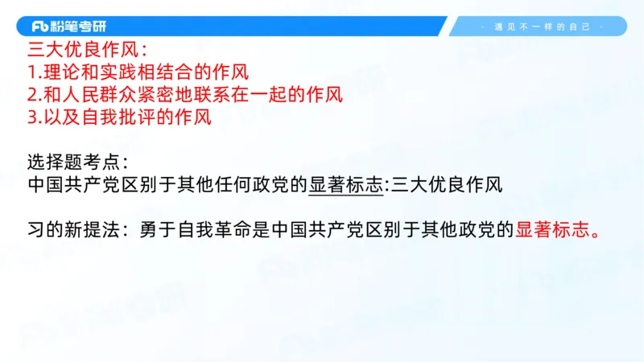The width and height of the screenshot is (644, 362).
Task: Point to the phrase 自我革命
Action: [x=205, y=229]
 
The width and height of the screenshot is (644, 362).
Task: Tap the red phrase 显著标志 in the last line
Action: [x=553, y=229]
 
